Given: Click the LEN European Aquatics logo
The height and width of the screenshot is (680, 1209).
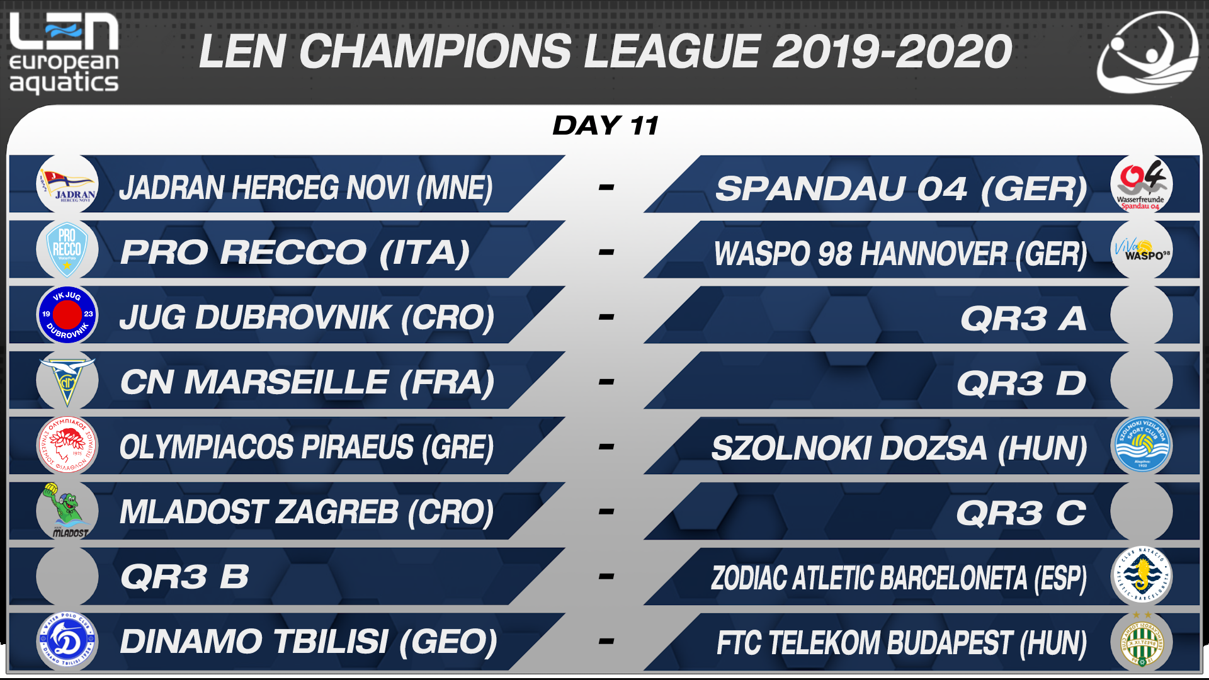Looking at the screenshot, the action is pos(64,54).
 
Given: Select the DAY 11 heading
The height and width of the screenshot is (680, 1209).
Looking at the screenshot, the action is pos(606,125).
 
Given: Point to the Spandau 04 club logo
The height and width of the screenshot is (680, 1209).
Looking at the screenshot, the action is pos(1141,185).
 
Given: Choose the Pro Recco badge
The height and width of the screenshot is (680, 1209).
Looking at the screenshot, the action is pos(67,250).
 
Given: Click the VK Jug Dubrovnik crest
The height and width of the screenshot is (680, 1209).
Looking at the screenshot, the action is pos(67,315).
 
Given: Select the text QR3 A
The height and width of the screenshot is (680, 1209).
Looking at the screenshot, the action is pos(1023,318).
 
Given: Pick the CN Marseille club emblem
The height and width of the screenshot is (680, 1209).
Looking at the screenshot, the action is pos(67,381).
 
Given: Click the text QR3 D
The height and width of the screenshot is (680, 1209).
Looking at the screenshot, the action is pos(1021,383).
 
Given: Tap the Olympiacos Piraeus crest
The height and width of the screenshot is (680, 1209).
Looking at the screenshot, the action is pos(67,446).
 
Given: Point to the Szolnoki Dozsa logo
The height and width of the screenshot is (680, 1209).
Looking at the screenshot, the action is pos(1142,446).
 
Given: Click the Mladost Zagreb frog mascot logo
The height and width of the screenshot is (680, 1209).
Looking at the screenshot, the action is pos(66,511).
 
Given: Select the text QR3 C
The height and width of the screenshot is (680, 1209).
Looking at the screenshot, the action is pos(1021,513).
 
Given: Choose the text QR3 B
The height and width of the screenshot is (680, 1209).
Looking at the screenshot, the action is pos(184,577).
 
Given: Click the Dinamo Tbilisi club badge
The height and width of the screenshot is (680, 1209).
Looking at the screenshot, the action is pos(67,642).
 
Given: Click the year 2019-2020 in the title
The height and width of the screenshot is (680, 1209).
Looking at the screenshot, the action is pos(892,51).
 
